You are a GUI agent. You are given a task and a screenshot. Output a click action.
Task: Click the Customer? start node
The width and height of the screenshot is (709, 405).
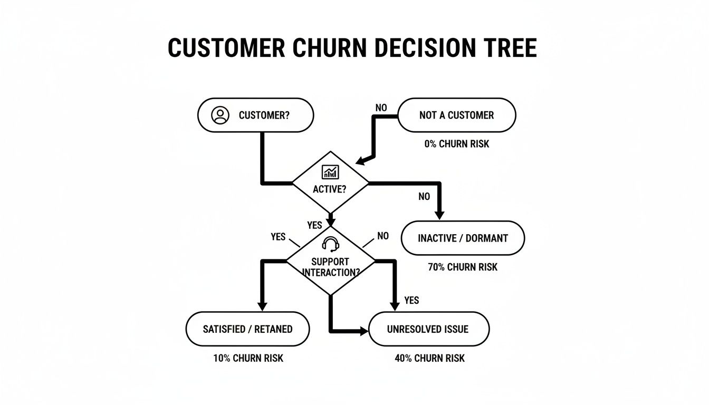[255, 115]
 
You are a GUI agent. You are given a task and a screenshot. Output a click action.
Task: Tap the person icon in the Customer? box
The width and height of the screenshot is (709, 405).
[220, 115]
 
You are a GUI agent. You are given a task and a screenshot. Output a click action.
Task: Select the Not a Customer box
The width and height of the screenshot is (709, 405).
[456, 115]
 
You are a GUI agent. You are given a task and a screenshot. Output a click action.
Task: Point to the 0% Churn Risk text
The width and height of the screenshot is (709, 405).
[456, 143]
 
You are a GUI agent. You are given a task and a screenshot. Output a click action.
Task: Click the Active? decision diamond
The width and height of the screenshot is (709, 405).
[330, 182]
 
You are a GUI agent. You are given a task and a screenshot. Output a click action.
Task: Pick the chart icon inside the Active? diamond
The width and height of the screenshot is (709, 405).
[330, 171]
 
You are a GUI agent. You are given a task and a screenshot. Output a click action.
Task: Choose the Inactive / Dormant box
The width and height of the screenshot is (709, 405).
[463, 238]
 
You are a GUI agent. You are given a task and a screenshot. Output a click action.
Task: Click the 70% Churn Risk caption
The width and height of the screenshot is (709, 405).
[463, 267]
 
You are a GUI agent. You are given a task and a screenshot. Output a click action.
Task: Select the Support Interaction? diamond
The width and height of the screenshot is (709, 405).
[330, 261]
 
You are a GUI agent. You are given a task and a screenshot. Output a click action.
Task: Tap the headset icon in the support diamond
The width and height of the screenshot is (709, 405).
[330, 244]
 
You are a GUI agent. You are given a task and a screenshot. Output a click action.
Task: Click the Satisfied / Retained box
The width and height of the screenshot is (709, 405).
[247, 329]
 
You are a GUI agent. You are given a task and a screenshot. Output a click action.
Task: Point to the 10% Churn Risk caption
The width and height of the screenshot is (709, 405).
[248, 358]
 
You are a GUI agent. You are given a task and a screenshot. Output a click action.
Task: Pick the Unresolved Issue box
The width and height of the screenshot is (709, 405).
[428, 329]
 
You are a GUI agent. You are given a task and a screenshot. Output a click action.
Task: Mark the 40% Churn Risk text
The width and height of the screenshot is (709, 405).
[429, 358]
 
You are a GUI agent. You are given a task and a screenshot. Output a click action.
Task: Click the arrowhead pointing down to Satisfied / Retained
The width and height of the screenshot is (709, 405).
[262, 306]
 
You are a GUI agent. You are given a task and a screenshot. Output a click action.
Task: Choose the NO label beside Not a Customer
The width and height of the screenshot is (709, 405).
[381, 108]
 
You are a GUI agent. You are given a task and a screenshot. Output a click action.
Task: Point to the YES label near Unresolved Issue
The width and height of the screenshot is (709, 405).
[411, 300]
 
